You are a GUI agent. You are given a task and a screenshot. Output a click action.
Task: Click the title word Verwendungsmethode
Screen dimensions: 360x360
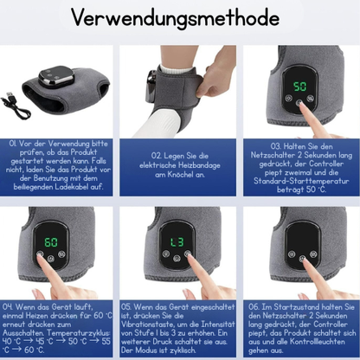click(176, 18)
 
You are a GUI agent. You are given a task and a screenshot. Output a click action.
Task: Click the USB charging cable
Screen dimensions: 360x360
click(16, 105)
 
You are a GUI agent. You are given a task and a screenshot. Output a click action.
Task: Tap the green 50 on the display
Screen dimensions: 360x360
click(299, 87)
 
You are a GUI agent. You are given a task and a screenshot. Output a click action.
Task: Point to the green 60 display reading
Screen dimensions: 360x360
click(51, 242)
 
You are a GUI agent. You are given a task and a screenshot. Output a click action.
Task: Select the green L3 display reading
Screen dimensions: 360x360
click(177, 241)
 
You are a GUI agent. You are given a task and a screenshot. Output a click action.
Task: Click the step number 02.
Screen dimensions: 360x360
click(157, 156)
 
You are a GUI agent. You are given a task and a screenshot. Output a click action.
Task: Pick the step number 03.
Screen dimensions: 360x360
click(276, 146)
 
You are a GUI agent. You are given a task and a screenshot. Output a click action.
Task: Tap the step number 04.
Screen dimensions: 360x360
click(8, 306)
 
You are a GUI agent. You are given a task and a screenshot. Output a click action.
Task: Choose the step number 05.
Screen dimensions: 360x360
click(126, 306)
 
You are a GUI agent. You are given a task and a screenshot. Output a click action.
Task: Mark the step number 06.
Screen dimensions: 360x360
click(254, 306)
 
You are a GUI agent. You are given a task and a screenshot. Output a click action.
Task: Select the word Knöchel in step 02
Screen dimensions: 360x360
click(180, 175)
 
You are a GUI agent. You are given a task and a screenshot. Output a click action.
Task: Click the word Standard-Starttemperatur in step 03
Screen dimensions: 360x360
click(301, 181)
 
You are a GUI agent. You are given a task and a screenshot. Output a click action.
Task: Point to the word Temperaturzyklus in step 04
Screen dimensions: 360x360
click(79, 333)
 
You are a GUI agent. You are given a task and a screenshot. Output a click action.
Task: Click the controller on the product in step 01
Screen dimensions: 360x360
click(56, 76)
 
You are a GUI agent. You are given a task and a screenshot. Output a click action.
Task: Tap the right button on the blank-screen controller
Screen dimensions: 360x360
click(313, 254)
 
